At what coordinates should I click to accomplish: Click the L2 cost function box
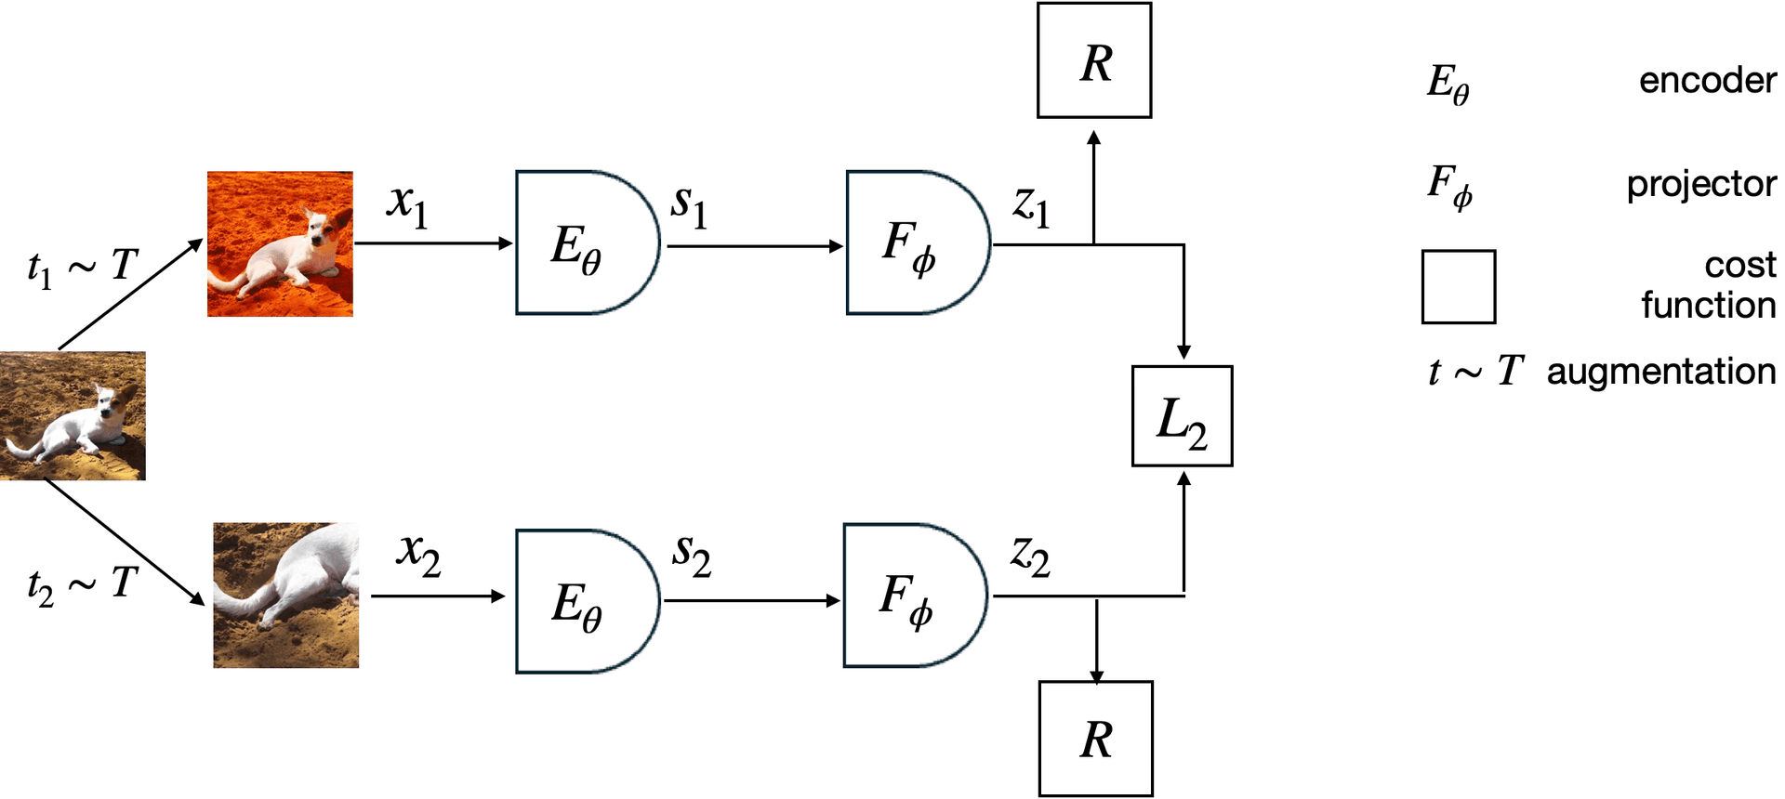tap(1182, 416)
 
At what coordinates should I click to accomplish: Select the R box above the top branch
tap(1094, 60)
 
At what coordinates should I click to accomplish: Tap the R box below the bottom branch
tap(1096, 739)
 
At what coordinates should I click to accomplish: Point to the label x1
tap(408, 205)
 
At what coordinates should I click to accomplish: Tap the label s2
tap(692, 557)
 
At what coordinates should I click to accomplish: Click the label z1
tap(1031, 206)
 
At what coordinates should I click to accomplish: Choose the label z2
tap(1030, 557)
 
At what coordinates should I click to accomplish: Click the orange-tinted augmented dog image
tap(280, 244)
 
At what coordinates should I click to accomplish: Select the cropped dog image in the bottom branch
tap(286, 596)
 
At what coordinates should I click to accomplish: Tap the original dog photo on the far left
tap(73, 416)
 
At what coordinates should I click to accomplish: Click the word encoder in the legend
tap(1708, 81)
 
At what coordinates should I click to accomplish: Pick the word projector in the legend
tap(1701, 184)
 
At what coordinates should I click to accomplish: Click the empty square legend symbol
tap(1459, 286)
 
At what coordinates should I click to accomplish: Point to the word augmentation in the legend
tap(1661, 372)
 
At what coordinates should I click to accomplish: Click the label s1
tap(690, 206)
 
